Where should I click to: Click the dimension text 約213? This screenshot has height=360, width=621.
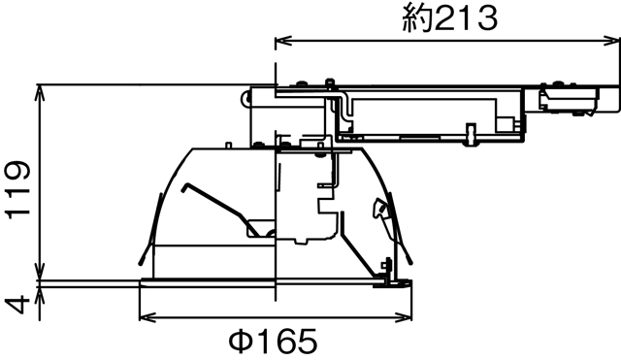click(449, 17)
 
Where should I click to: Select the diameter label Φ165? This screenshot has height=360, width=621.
click(274, 342)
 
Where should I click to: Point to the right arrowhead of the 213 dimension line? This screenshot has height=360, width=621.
click(612, 41)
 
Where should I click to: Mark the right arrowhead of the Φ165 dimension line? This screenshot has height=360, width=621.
click(410, 316)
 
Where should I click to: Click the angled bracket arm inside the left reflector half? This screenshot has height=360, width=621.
click(218, 205)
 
